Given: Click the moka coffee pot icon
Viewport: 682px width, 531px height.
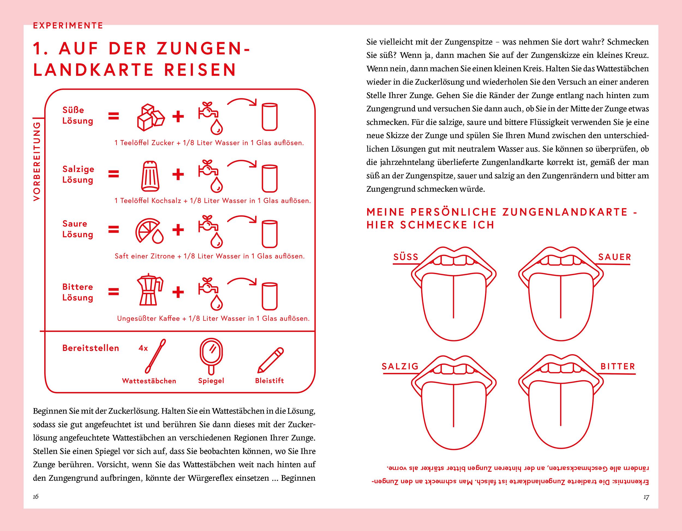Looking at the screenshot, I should [149, 290].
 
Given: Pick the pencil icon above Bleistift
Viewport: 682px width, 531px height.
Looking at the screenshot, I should [270, 360].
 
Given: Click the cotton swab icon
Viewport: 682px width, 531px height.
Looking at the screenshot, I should [155, 356].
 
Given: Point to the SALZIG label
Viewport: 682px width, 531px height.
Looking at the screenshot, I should [400, 366].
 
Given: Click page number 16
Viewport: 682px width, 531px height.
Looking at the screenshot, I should [35, 497].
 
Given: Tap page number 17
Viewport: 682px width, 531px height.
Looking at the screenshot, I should [646, 497].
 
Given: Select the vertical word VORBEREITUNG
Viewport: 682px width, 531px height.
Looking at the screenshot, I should [37, 161].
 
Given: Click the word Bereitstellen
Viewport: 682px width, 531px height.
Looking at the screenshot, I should [91, 348].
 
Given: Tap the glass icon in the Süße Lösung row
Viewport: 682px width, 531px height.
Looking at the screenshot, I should [270, 117].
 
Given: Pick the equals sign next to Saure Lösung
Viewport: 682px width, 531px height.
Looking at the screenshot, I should [114, 230].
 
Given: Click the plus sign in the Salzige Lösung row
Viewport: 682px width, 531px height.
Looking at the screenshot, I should [178, 174].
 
